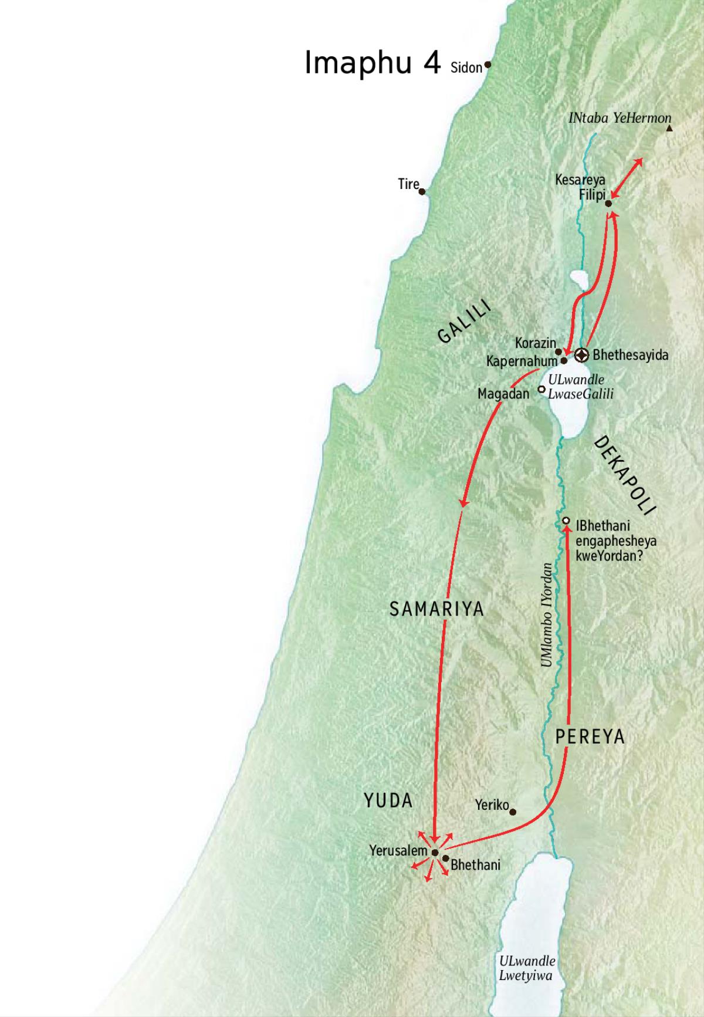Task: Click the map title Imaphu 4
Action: (373, 63)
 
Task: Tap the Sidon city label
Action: (466, 67)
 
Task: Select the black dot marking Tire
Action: (422, 191)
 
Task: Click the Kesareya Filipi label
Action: (581, 187)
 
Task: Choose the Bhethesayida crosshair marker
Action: (581, 354)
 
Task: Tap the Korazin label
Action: (535, 343)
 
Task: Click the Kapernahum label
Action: (522, 361)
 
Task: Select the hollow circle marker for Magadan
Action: (541, 388)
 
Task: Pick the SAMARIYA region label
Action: (436, 609)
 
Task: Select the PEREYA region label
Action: (590, 737)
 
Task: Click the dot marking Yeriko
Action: (513, 812)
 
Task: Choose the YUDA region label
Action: (388, 800)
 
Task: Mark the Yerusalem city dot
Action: (435, 852)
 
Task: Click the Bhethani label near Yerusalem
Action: (476, 865)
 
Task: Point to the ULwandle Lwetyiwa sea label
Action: (526, 968)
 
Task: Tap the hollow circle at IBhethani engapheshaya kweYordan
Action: (566, 521)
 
